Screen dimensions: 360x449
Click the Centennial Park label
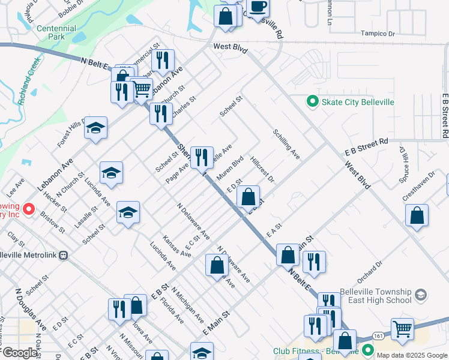(56, 32)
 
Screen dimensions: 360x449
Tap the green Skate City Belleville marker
(312, 102)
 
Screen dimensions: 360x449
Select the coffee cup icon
(258, 7)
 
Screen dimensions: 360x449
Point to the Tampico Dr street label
(377, 34)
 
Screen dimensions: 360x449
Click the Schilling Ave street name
(286, 145)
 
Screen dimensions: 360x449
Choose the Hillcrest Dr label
(262, 170)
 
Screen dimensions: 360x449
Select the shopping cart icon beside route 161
(402, 328)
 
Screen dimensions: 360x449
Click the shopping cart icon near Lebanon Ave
(141, 89)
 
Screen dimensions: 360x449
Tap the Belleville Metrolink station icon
(65, 255)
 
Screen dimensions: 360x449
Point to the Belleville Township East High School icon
(421, 295)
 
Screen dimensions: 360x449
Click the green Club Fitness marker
(367, 350)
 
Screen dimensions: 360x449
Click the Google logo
(20, 353)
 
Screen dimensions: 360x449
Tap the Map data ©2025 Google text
(412, 355)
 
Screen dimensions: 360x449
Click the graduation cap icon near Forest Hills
(95, 128)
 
